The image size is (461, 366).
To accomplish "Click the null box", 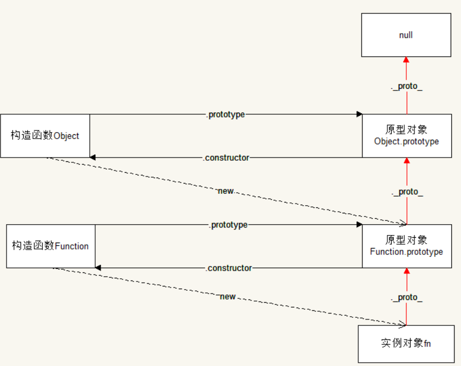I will click(x=406, y=35).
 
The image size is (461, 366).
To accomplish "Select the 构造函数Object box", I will click(x=45, y=136).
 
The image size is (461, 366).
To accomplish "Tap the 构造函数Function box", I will click(x=51, y=246).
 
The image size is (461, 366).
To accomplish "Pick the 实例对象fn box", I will click(x=406, y=344).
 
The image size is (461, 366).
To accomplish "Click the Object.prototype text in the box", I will click(x=406, y=141).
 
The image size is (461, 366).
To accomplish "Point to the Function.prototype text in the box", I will click(x=406, y=252).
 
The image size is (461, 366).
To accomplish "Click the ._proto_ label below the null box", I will click(x=406, y=86).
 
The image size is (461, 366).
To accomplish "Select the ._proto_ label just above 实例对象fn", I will click(x=406, y=297).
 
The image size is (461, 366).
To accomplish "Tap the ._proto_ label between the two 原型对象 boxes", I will click(x=406, y=192).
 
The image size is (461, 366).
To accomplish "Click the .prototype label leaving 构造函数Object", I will click(x=226, y=115).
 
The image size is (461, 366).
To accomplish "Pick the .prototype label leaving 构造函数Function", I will click(x=228, y=225).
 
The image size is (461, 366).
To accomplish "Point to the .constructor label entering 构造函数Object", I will click(x=226, y=158).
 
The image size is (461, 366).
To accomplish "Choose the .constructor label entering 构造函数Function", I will click(x=229, y=268).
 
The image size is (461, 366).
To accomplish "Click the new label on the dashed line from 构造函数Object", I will click(x=226, y=191).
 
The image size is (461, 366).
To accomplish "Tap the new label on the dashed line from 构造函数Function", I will click(x=228, y=296).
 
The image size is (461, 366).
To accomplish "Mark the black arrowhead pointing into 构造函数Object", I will click(x=93, y=158).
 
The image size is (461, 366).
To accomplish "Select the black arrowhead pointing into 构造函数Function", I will click(x=98, y=268).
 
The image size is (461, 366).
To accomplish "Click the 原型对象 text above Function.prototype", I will click(x=406, y=240).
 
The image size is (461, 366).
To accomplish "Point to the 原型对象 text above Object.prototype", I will click(x=406, y=130).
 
